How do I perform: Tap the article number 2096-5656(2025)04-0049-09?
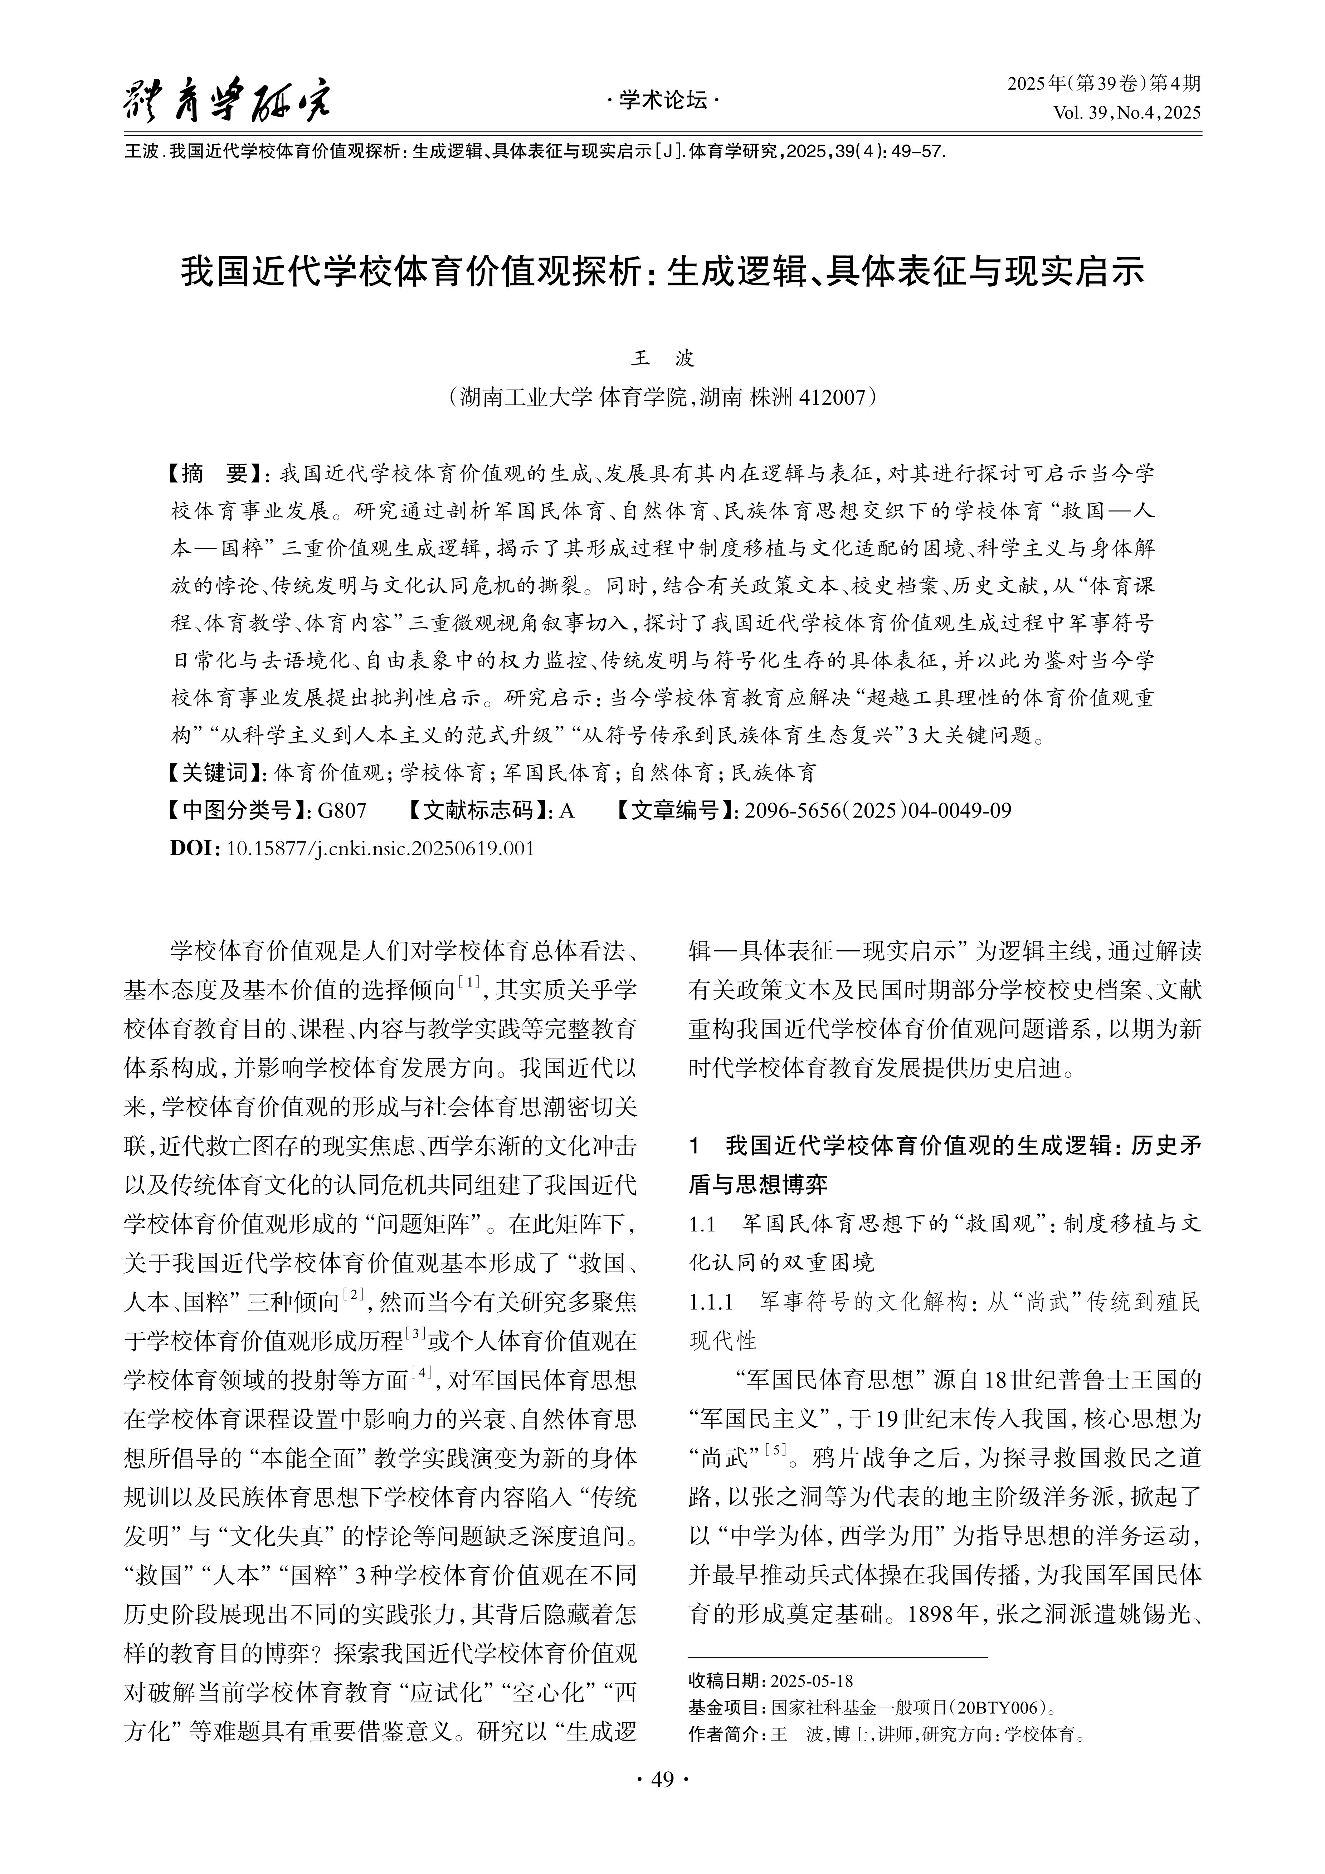click(878, 810)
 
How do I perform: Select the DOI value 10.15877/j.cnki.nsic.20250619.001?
click(380, 848)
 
